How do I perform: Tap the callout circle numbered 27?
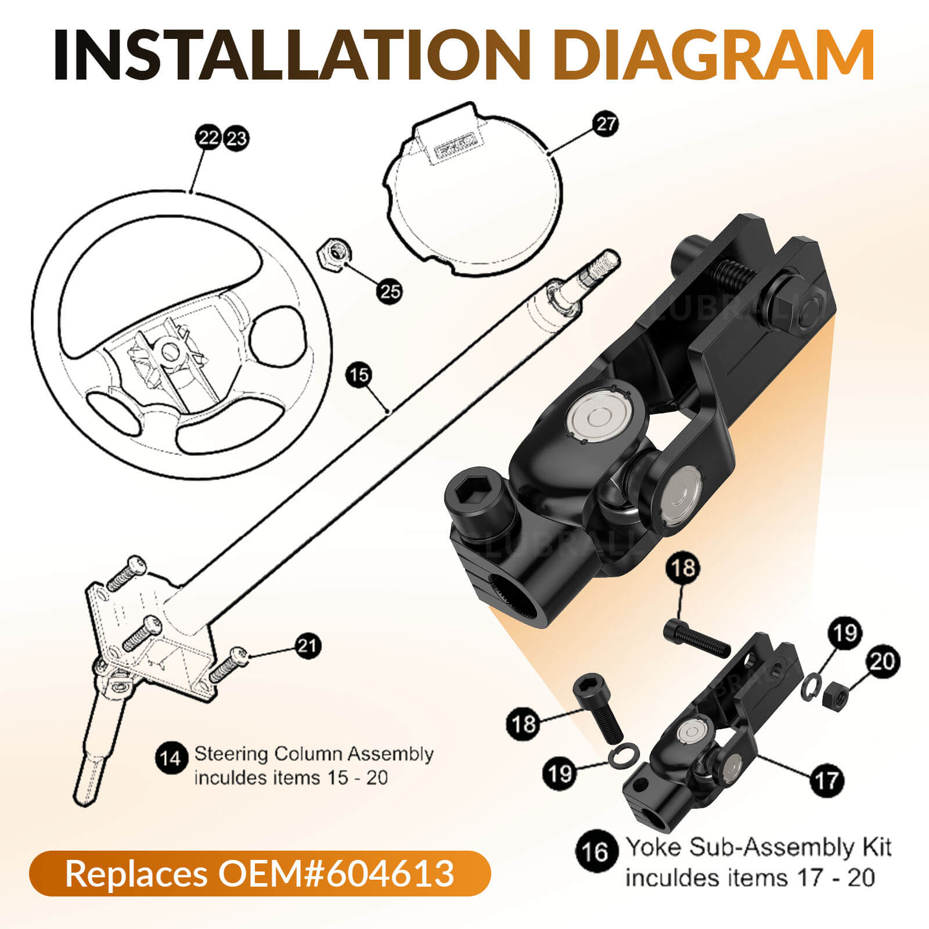pos(606,124)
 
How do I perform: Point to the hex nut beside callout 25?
pos(332,254)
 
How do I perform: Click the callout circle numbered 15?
pos(359,375)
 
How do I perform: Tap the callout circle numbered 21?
pos(308,645)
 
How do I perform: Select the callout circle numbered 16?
pos(596,852)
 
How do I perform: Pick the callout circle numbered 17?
pos(826,781)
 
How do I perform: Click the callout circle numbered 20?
pos(883,661)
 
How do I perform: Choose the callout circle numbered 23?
pos(236,139)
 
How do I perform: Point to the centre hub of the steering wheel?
pos(170,350)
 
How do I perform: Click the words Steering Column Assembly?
pos(314,754)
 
